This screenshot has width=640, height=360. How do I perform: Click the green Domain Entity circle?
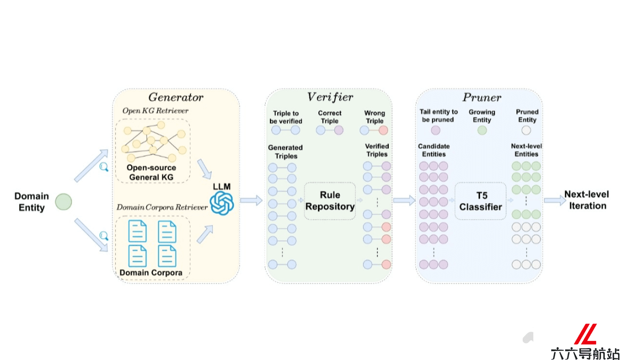point(63,202)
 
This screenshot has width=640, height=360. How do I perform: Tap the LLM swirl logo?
point(222,203)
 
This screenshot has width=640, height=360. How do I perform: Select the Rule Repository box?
point(330,201)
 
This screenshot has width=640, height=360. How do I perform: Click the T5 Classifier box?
point(481,201)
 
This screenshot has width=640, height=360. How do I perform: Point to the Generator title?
point(175,98)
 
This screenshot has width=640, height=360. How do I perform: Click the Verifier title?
point(330,97)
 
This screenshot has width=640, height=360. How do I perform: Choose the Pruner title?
point(482,98)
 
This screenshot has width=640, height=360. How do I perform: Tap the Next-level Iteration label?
point(587,200)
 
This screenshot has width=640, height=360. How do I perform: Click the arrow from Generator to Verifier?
point(251,201)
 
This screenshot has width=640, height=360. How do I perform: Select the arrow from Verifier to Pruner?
point(404,201)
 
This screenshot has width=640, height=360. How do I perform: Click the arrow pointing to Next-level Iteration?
point(555,201)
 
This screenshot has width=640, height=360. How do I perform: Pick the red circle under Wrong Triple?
point(383,130)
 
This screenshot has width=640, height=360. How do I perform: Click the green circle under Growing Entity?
point(482,130)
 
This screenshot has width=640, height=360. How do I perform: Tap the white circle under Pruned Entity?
point(526,130)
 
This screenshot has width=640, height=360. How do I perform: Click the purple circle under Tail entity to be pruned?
point(435,130)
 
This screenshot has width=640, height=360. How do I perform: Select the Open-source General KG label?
point(151,172)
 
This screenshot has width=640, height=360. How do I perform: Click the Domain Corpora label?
point(151,273)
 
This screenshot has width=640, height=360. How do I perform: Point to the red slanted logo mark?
point(586,334)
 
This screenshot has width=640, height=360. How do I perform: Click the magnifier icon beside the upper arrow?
point(103,166)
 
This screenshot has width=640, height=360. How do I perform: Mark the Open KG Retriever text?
point(155,110)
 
